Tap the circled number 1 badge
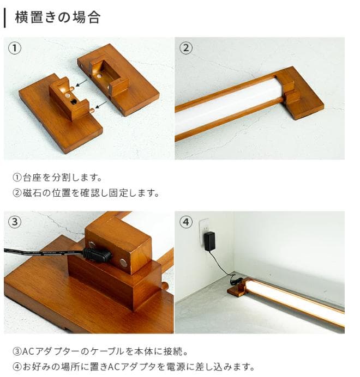coord(15,48)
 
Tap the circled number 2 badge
coord(186,48)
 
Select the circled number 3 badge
coord(15,222)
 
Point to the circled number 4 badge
coord(186,222)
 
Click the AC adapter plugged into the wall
coord(208,240)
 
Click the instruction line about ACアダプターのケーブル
coord(103,351)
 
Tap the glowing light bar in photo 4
coord(295,302)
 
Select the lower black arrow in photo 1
coord(101,105)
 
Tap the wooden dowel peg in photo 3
coord(164,286)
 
